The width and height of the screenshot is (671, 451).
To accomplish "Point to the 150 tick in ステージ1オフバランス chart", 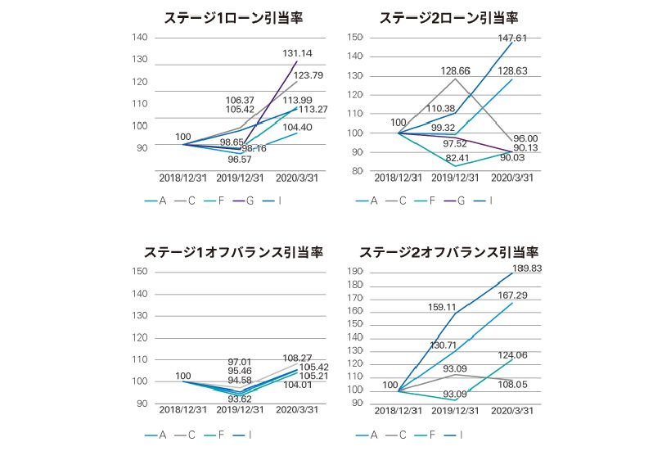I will click(x=139, y=272).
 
